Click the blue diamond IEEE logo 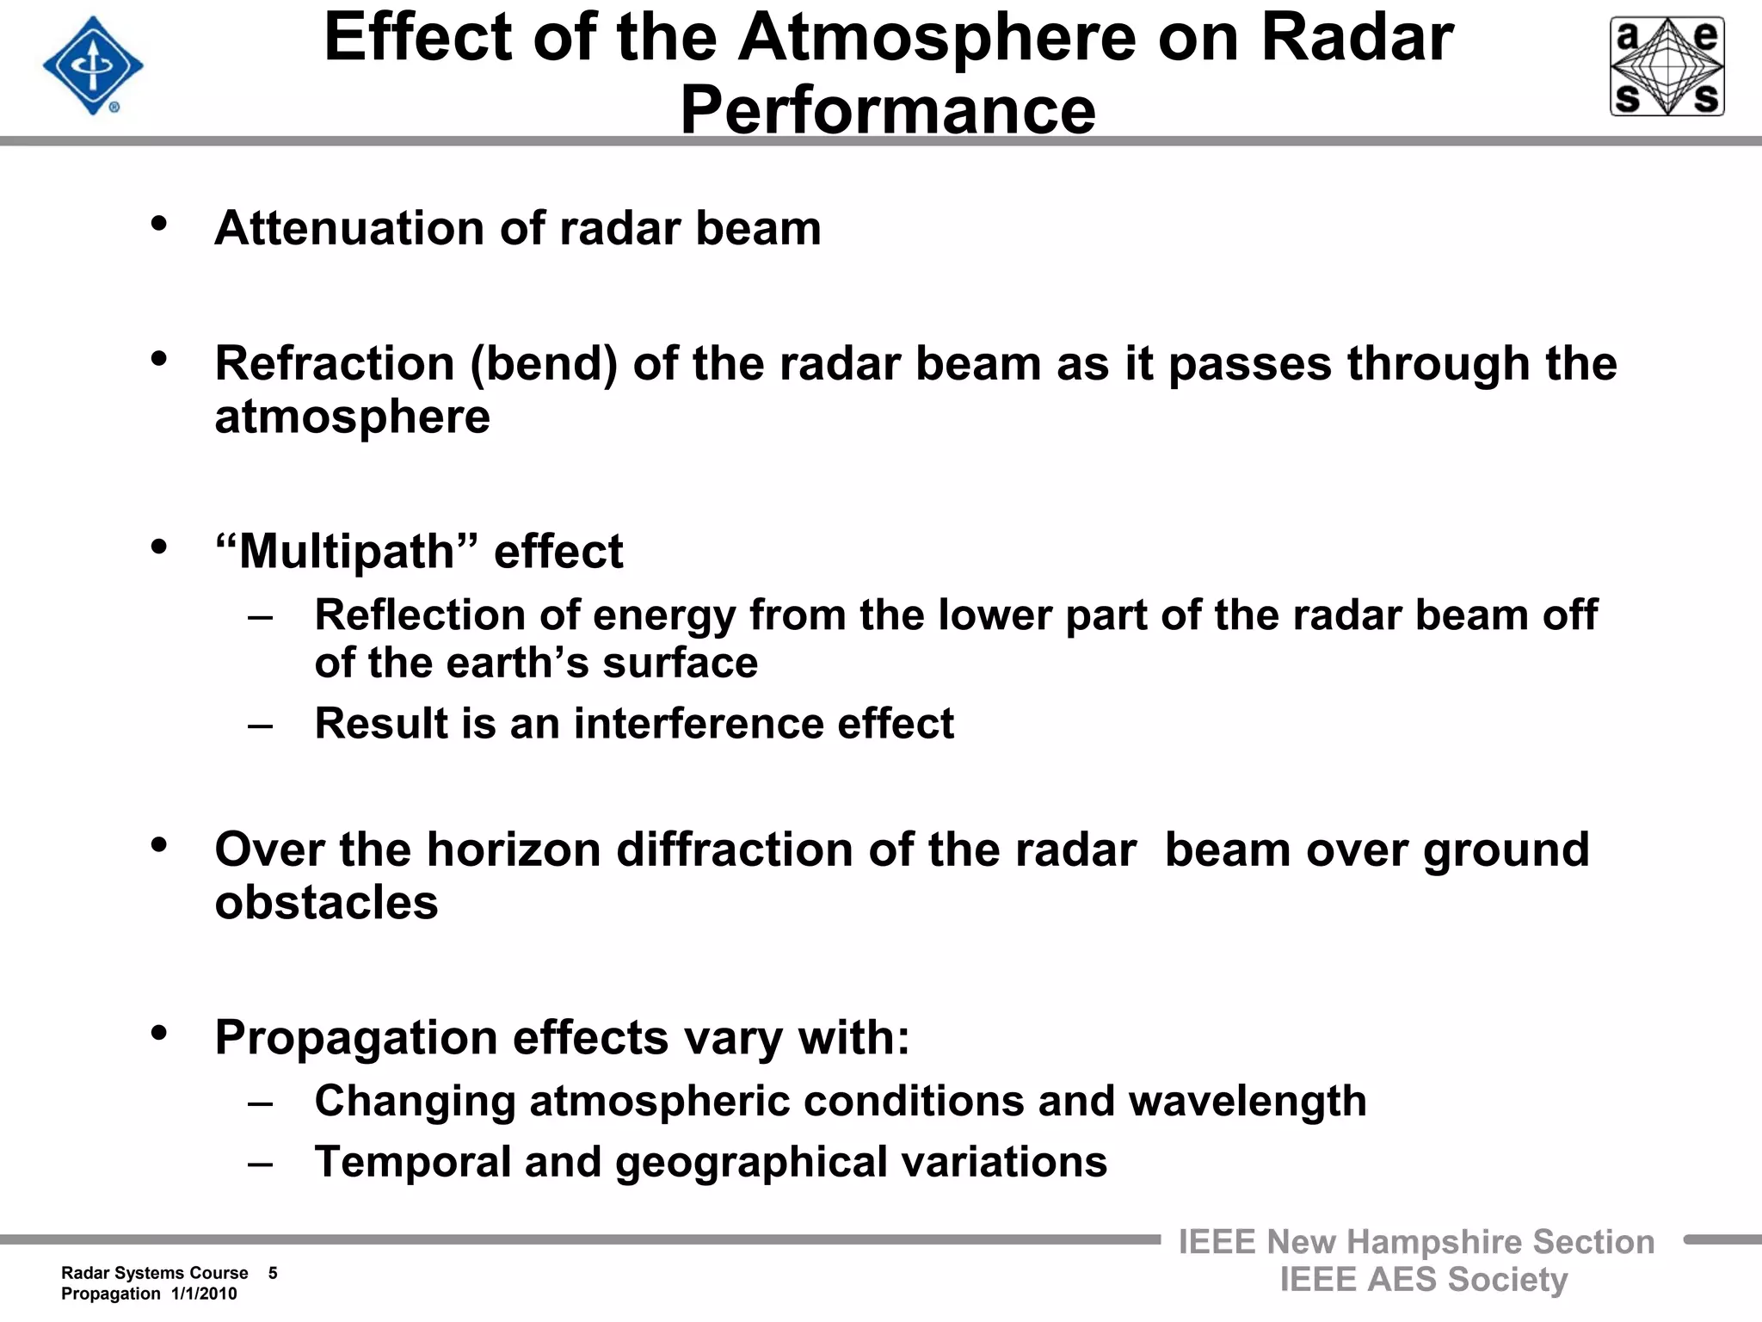click(x=93, y=65)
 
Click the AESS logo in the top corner click(x=1667, y=66)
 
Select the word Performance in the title click(x=888, y=110)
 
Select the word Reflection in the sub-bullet click(x=420, y=615)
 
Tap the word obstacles click(x=326, y=903)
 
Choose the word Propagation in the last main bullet click(x=356, y=1038)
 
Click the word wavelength click(x=1247, y=1101)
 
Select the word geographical click(x=750, y=1162)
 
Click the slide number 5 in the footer click(x=273, y=1273)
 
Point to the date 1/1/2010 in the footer click(x=204, y=1294)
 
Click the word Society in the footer click(x=1507, y=1280)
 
